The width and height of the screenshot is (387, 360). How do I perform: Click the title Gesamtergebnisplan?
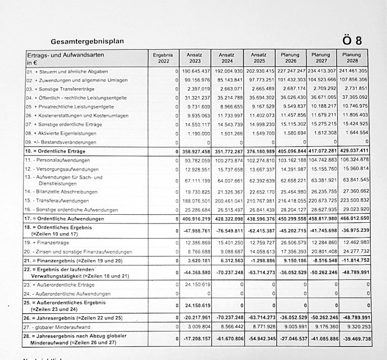[x=87, y=41]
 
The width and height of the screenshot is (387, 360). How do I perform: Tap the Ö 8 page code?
[x=352, y=40]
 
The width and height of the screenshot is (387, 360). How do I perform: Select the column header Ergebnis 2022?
[x=163, y=58]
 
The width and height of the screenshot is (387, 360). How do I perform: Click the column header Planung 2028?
[x=351, y=58]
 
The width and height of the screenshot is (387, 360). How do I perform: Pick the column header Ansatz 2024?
[x=227, y=58]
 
